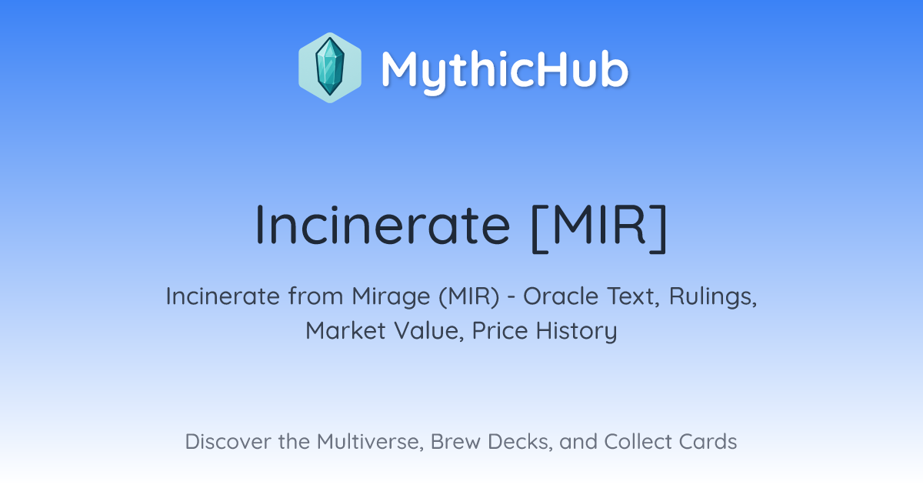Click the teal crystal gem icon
pos(330,67)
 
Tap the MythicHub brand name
pos(505,72)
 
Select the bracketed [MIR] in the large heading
pos(599,227)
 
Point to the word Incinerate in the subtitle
pos(222,296)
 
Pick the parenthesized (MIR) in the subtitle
pos(469,297)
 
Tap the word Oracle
pos(561,296)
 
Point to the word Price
pos(500,331)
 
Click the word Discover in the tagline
pos(228,441)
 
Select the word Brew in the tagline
pos(455,441)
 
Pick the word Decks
pos(520,442)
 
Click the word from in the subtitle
pos(315,296)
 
